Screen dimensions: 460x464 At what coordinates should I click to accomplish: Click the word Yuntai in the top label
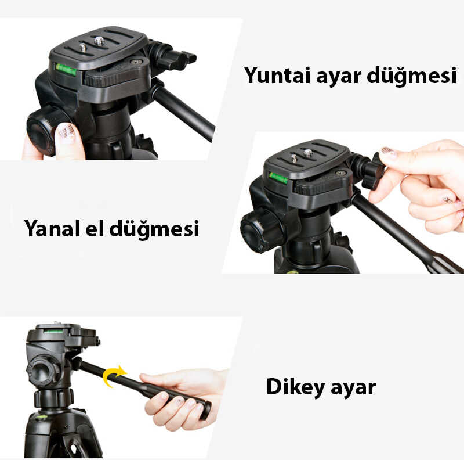click(274, 76)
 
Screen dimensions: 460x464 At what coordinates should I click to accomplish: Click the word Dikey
click(295, 387)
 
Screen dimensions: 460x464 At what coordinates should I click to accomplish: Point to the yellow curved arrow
click(113, 375)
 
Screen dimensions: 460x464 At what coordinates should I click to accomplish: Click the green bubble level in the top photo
click(66, 70)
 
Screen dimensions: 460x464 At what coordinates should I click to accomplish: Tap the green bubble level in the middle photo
click(278, 177)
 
